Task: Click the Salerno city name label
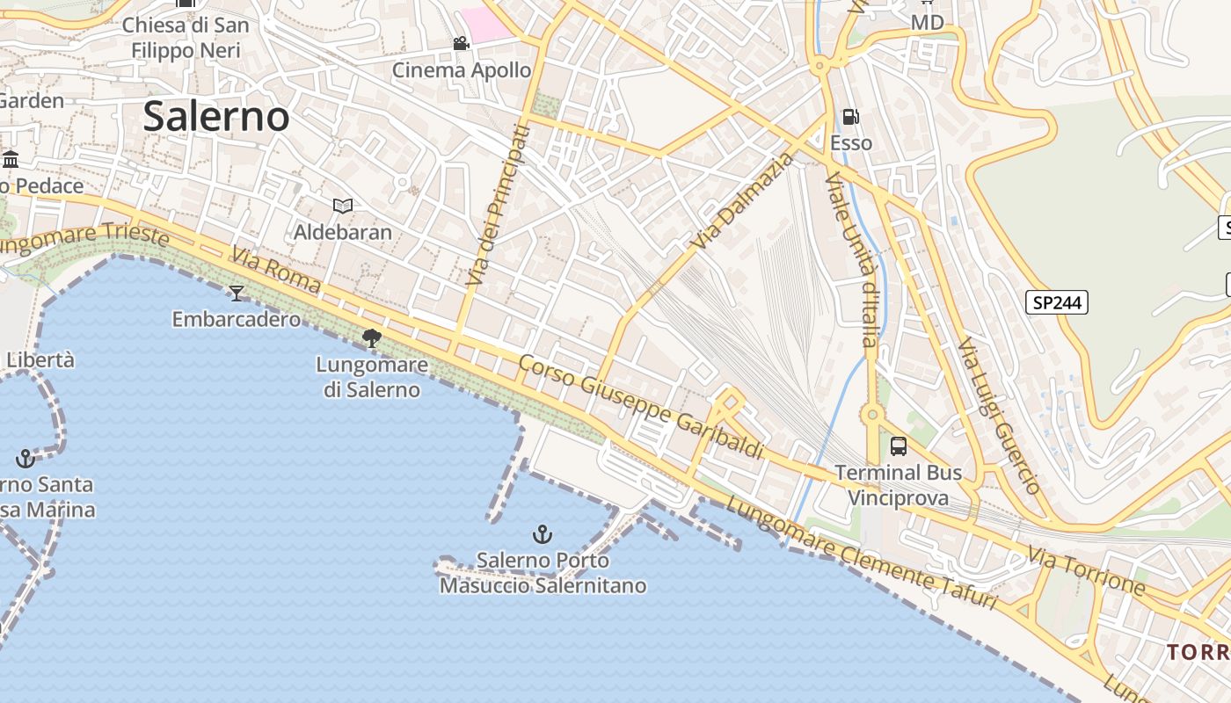[215, 117]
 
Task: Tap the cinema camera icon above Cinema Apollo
[461, 44]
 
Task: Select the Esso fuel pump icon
[850, 117]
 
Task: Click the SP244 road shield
[1056, 303]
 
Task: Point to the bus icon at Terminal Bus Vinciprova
[898, 446]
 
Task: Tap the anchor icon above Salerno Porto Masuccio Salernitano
[543, 533]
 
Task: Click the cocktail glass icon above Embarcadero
[236, 293]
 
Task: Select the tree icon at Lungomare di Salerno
[372, 337]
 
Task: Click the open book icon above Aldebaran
[342, 206]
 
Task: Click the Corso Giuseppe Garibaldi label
[640, 406]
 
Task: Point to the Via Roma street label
[275, 271]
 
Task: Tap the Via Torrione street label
[1087, 570]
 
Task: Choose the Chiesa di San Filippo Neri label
[186, 38]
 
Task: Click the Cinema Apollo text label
[462, 70]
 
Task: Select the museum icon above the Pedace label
[11, 159]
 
